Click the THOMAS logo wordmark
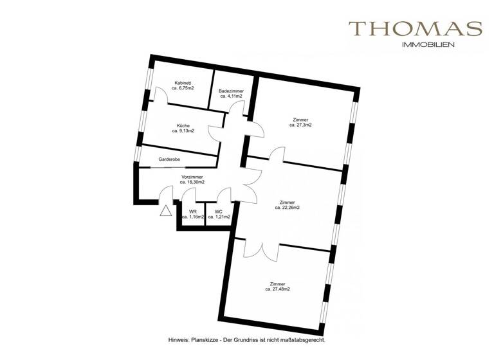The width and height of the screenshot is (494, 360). point(415,29)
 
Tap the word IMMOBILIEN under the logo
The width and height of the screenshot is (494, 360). point(428,45)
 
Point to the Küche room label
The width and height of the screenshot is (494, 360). point(183,125)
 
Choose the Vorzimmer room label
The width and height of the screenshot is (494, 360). point(192,177)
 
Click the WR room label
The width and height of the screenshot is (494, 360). point(192,212)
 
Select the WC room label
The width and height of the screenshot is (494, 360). point(219,212)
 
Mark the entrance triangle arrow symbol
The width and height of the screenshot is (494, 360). point(165,210)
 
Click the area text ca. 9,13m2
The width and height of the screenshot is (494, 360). point(183,130)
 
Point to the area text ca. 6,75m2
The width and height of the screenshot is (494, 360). point(183,88)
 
